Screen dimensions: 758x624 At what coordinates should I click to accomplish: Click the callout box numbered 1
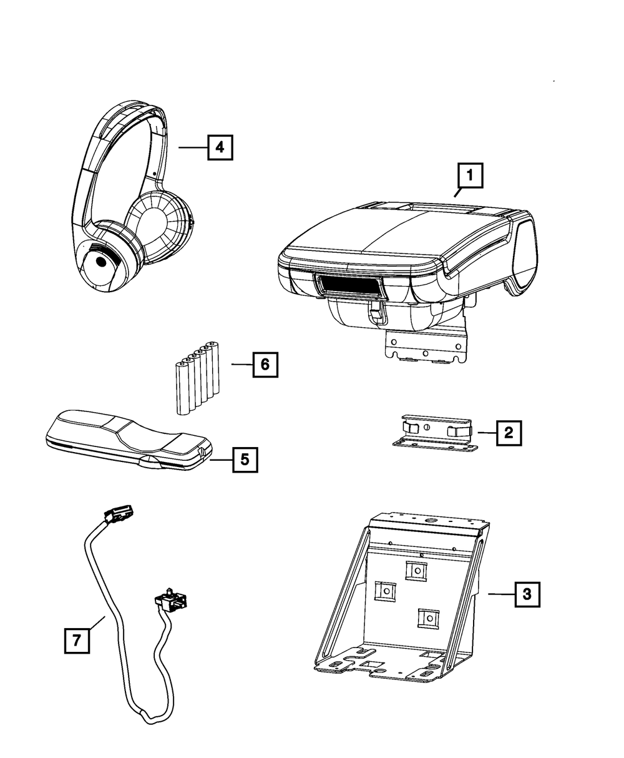(470, 176)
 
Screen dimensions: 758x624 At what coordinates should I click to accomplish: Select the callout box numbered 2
(509, 432)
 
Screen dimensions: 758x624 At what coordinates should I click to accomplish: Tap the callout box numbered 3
(527, 594)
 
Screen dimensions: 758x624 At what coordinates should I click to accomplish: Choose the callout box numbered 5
(244, 460)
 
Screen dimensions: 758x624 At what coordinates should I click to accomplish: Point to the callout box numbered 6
(265, 364)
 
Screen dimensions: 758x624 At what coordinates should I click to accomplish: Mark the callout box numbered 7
(77, 641)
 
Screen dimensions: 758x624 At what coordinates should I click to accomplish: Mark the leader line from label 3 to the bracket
(500, 594)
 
